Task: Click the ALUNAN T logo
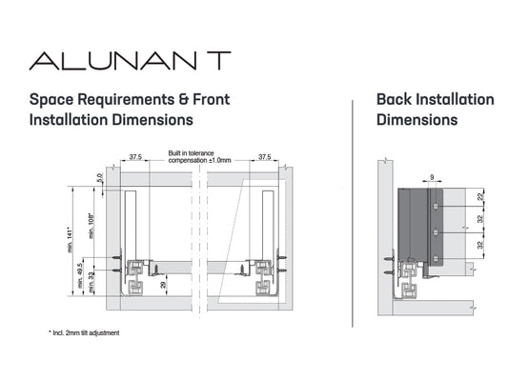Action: (130, 61)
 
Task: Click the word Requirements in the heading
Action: (126, 100)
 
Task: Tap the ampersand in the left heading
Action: (184, 99)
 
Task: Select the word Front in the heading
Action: (212, 99)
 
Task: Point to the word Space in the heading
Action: (51, 100)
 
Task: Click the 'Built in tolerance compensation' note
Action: (199, 156)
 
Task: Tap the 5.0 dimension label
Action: (100, 178)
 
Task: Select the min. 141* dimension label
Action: (71, 239)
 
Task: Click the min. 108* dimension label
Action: (91, 227)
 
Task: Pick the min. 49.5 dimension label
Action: (80, 275)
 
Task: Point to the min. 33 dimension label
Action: (91, 283)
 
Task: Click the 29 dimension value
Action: (163, 285)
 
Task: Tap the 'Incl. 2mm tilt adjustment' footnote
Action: (84, 332)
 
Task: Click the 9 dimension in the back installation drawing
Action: (432, 177)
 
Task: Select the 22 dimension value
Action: (480, 196)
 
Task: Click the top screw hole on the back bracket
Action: (437, 206)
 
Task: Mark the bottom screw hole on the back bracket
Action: (437, 259)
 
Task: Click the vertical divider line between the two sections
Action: (353, 213)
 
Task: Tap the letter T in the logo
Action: (219, 61)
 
